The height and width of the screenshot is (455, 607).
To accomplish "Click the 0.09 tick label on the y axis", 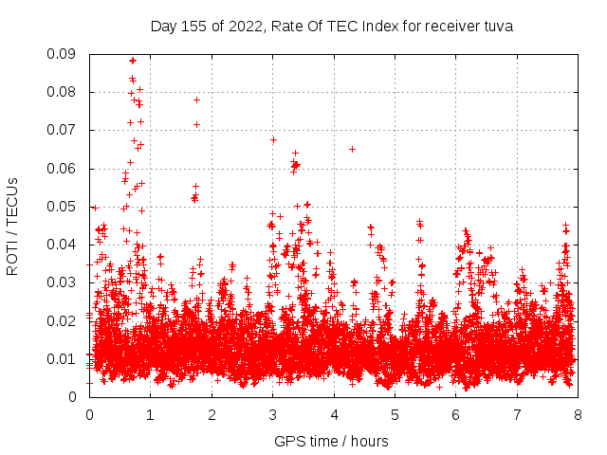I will (64, 54).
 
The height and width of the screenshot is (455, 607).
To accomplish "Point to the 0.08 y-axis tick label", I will (64, 92).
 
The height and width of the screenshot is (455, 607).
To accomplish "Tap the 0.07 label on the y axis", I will (64, 130).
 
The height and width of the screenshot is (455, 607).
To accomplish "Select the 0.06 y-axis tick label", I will (64, 169).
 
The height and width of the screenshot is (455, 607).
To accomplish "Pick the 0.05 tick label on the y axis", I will (64, 207).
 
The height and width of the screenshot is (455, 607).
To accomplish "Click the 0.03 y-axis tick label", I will (64, 282).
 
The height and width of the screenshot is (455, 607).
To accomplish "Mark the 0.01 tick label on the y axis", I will (64, 358).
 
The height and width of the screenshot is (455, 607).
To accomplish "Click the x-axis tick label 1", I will (151, 414).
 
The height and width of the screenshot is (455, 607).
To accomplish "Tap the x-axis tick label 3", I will (273, 414).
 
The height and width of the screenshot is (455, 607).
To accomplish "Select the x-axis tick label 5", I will (395, 414).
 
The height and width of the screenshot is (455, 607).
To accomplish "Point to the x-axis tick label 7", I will (517, 414).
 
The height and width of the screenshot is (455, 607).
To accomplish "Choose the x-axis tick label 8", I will (578, 414).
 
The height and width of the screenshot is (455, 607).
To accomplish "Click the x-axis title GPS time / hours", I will (332, 441).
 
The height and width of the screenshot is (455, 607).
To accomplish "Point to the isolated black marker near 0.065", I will (352, 149).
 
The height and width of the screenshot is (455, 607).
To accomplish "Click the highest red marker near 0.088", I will (133, 61).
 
